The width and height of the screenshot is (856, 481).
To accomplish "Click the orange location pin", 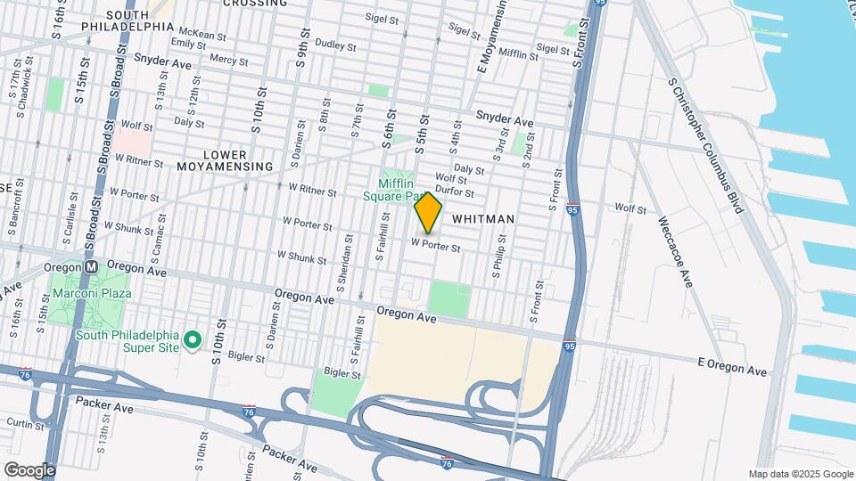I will tap(428, 212).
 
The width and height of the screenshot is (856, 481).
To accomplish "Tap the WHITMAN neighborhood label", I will tap(484, 217).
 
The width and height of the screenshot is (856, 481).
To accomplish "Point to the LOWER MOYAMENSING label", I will tap(225, 160).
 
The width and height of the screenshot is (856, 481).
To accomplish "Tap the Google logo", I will tap(29, 470).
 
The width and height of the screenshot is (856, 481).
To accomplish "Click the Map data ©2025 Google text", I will tap(801, 474).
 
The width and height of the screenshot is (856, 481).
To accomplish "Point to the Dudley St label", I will tap(336, 44).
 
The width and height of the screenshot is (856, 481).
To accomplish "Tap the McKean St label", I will tap(196, 35).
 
